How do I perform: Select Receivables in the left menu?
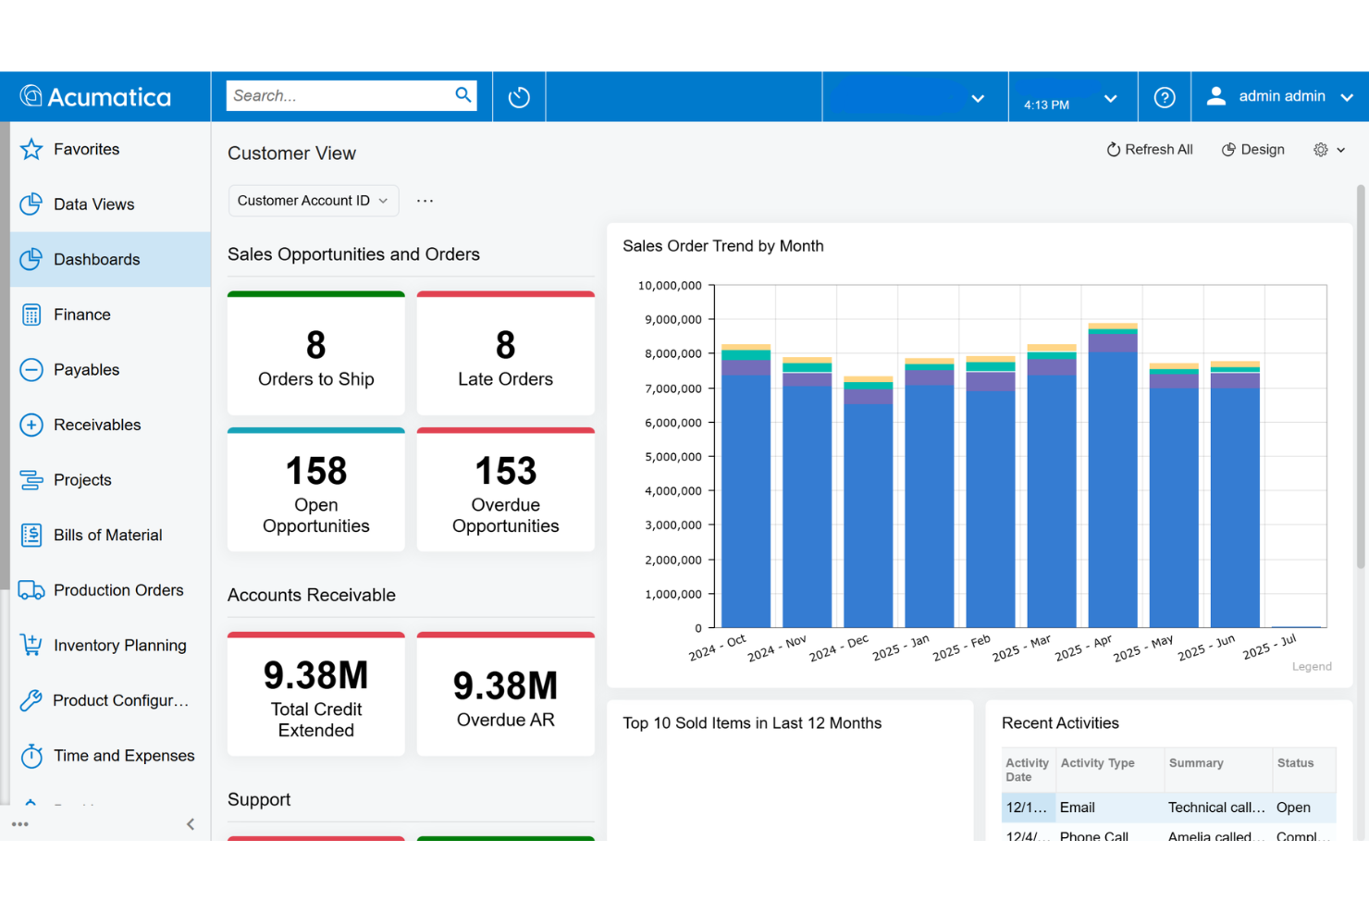(x=97, y=425)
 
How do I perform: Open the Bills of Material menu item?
(x=107, y=535)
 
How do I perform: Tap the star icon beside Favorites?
(x=31, y=149)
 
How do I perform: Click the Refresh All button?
(x=1150, y=150)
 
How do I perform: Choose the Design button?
(x=1253, y=150)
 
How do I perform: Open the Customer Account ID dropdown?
(x=313, y=201)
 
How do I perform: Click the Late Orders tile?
(x=505, y=356)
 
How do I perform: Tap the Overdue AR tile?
(x=505, y=697)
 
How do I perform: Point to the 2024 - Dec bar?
(x=868, y=509)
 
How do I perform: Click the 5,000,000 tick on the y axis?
(x=672, y=457)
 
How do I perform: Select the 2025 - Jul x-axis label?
(x=1269, y=647)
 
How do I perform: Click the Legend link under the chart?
(x=1311, y=666)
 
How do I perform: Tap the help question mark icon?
(x=1165, y=97)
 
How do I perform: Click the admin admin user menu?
(x=1281, y=96)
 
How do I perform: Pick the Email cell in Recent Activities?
(x=1078, y=808)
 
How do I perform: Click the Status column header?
(x=1295, y=763)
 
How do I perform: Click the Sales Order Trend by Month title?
(x=722, y=246)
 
